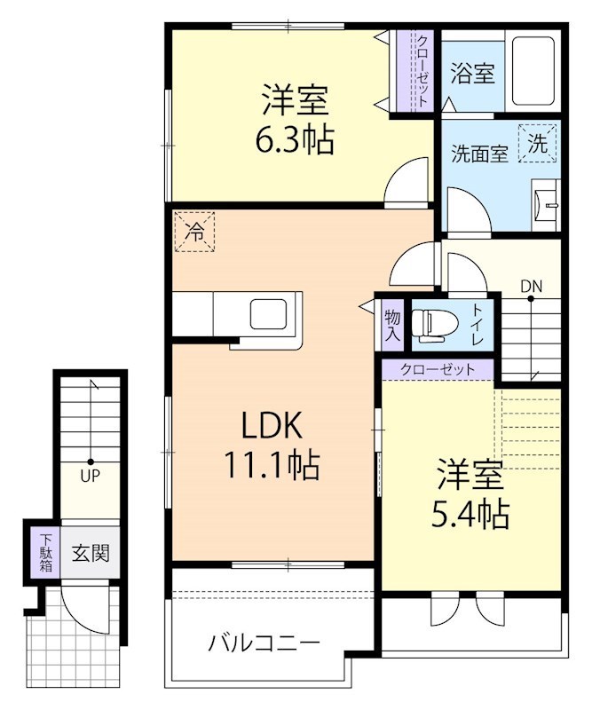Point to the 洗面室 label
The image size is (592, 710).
(479, 153)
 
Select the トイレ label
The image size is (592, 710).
(477, 325)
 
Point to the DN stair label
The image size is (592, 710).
(531, 286)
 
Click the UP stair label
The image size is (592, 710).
(91, 475)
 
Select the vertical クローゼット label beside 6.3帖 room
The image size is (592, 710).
(422, 69)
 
